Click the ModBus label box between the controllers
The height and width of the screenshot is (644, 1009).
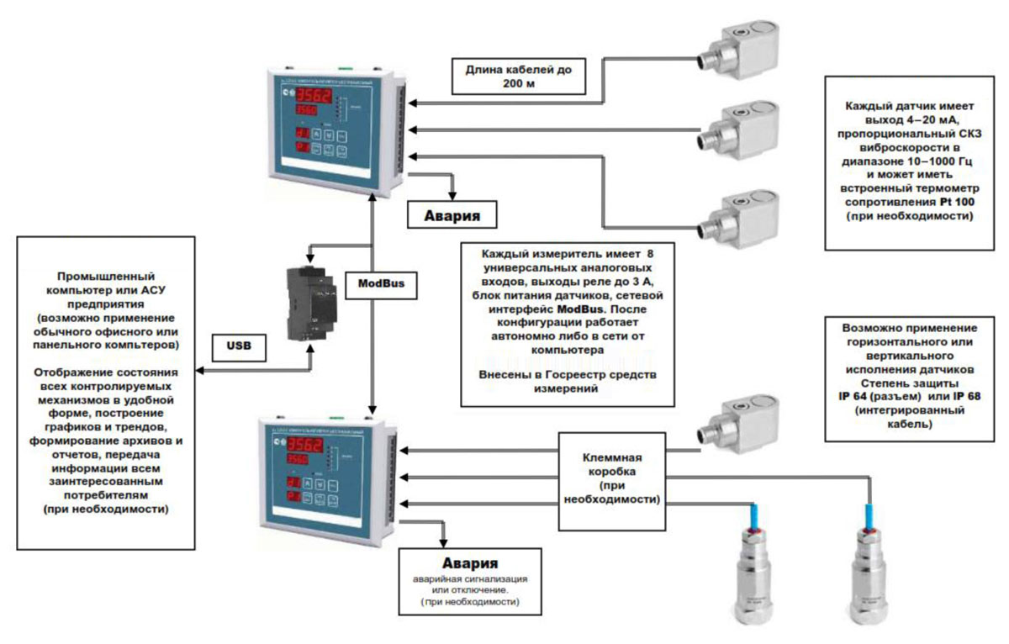click(x=381, y=284)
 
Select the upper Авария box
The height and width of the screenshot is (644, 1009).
click(x=450, y=214)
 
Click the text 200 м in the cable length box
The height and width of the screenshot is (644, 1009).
click(x=518, y=85)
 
